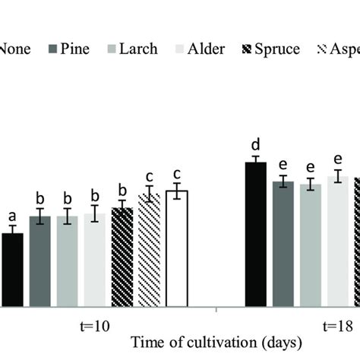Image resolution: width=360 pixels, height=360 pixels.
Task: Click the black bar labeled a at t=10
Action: point(12,270)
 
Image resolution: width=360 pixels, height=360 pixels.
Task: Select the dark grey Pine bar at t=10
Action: point(40,261)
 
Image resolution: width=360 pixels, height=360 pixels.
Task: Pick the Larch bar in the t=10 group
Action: point(68,261)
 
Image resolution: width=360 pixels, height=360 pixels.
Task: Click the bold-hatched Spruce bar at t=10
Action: point(122,257)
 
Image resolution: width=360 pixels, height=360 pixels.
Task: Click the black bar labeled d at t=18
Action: point(255,235)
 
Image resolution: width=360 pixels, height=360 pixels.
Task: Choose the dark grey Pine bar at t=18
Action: point(283,244)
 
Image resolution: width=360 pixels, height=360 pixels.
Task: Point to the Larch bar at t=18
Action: point(310,245)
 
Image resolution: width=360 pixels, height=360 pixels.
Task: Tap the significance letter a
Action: point(12,215)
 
